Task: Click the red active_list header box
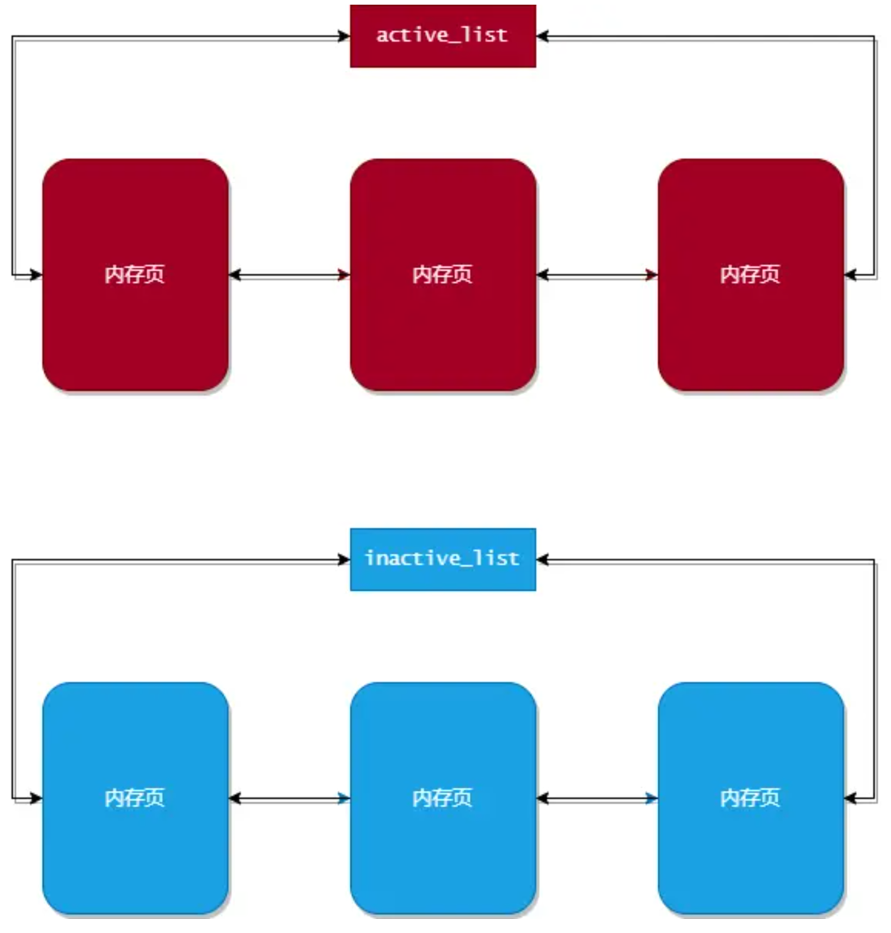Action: point(442,36)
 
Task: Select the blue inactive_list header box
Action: point(442,559)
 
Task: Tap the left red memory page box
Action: point(135,275)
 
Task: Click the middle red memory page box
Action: point(443,275)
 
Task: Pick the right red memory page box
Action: point(750,275)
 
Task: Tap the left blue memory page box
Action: point(135,798)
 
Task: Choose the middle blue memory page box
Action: point(443,798)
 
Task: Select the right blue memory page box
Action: point(750,798)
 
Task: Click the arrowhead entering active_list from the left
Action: point(344,36)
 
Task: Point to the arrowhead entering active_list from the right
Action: point(542,36)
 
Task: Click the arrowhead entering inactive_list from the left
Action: point(344,560)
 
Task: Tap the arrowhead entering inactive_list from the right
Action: point(542,560)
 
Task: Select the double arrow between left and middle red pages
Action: point(289,275)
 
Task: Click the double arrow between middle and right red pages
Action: point(597,275)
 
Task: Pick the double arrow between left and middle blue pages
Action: point(289,798)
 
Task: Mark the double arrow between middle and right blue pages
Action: point(597,798)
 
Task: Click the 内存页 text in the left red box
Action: point(135,275)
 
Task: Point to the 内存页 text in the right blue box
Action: point(750,798)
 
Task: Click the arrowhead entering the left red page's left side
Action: point(36,275)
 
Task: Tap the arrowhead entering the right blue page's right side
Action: point(849,798)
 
